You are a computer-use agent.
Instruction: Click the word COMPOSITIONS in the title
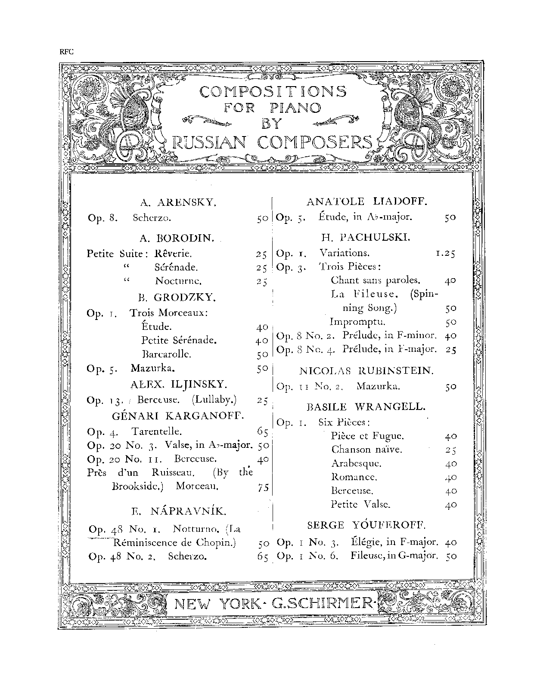tap(267, 92)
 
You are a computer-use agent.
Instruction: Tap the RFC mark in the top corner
tap(67, 52)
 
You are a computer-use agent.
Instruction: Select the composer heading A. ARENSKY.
tap(178, 202)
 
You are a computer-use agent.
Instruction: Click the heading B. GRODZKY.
tap(177, 297)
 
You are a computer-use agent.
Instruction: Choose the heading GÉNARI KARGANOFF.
tap(178, 416)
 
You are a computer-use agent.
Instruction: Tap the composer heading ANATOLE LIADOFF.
tap(366, 201)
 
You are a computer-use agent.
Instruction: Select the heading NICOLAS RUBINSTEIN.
tap(366, 370)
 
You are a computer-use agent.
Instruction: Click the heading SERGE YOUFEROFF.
tap(366, 525)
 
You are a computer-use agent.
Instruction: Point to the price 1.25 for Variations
tap(445, 254)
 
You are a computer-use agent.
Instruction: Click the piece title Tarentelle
tap(157, 431)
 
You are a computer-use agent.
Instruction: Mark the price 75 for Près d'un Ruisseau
tap(263, 487)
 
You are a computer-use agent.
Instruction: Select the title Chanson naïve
tap(366, 450)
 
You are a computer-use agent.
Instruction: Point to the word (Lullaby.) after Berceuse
tap(214, 400)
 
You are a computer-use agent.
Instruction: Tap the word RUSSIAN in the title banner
tap(209, 142)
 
